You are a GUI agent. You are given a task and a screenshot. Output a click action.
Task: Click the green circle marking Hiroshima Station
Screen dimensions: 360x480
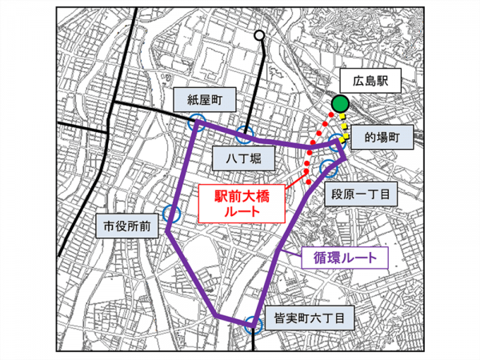[340, 103]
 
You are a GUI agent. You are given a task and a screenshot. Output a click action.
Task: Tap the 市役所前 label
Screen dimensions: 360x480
[122, 225]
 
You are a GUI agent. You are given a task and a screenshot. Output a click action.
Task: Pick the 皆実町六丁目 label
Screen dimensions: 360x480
[307, 318]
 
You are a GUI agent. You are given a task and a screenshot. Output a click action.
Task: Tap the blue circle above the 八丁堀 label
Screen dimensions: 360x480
[245, 134]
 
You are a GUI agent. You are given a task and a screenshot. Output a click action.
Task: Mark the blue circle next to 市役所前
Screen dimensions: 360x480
[170, 214]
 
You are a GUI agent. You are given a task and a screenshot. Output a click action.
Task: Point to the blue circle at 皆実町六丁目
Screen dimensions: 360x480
[253, 324]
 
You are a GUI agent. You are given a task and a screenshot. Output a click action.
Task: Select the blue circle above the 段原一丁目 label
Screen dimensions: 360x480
[328, 168]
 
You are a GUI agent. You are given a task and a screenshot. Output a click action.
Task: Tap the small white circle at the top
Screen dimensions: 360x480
[259, 35]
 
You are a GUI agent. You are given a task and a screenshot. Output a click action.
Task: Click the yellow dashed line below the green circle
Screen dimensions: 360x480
[345, 128]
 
